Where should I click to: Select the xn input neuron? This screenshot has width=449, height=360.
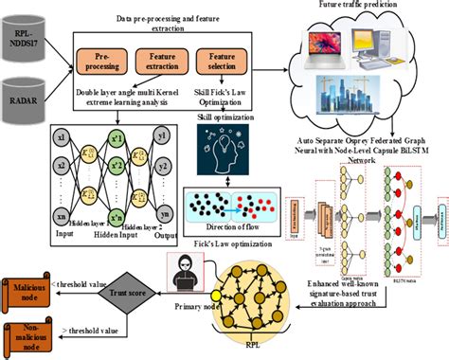[x=60, y=202]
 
